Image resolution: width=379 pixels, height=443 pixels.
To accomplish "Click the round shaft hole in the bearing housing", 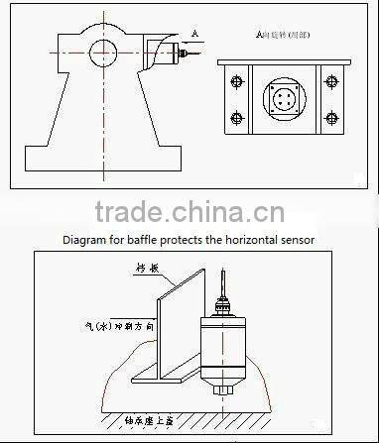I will (x=102, y=49).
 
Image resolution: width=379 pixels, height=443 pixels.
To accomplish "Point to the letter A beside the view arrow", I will (x=193, y=34).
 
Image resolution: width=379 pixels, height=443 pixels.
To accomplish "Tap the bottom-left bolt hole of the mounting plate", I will (x=236, y=118).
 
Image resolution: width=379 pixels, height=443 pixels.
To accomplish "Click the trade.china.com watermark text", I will (x=189, y=211).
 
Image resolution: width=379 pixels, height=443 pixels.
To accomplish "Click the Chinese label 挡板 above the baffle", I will (x=145, y=267).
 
